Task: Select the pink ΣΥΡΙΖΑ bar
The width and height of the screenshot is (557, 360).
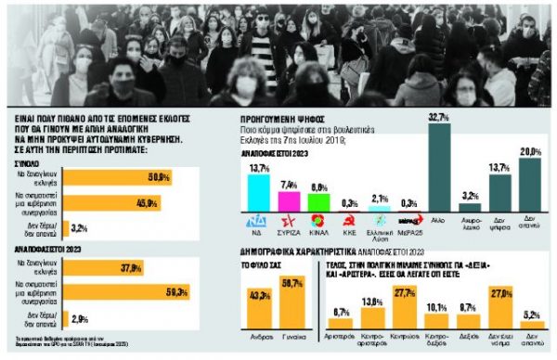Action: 289,200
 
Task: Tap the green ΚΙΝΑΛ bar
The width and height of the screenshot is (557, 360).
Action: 319,202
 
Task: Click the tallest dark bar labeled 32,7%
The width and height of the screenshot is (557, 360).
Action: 439,169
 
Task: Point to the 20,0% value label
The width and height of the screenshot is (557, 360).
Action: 530,150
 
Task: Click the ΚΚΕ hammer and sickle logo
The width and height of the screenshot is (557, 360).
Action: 349,224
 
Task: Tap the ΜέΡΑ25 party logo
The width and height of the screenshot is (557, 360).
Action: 409,224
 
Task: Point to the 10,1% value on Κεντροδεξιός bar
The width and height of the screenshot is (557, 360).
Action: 434,304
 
